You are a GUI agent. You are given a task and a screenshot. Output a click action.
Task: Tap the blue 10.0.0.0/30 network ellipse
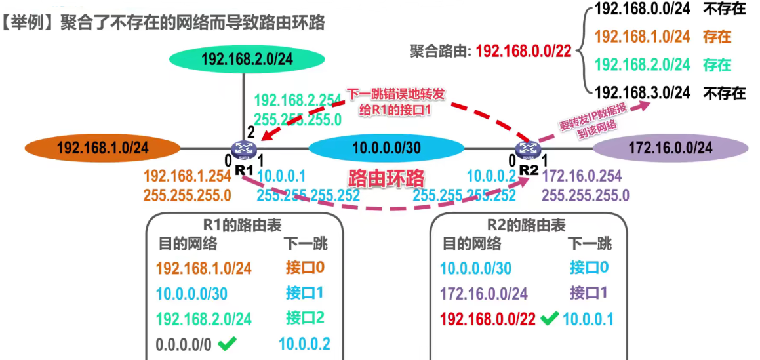[x=386, y=148]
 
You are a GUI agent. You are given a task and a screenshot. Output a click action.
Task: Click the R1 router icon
[x=242, y=150]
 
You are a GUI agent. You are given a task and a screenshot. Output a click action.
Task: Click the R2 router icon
[x=526, y=150]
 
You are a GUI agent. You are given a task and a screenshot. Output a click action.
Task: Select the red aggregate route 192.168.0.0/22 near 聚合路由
[x=524, y=51]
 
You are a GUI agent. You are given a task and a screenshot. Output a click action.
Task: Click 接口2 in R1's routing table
[x=305, y=318]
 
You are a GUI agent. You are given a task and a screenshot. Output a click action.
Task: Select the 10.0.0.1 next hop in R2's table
[x=588, y=319]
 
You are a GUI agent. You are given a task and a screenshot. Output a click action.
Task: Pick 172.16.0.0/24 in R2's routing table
[x=484, y=293]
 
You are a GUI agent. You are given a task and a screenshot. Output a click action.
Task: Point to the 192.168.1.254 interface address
[x=187, y=176]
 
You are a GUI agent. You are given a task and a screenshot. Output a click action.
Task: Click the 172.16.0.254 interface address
[x=582, y=176]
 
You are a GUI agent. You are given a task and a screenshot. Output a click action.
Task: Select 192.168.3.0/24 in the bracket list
[x=643, y=92]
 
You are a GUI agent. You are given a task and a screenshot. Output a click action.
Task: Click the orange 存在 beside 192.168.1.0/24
[x=716, y=37]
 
